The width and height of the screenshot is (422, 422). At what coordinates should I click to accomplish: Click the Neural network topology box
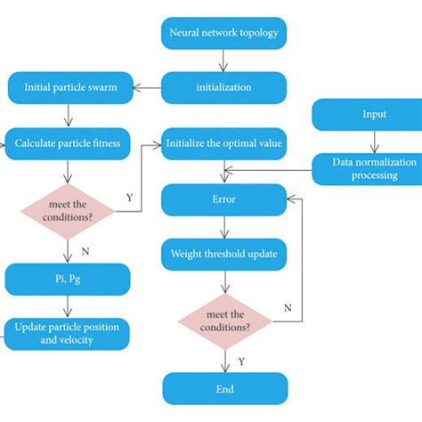click(223, 35)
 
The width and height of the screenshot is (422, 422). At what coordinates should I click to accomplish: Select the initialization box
click(223, 88)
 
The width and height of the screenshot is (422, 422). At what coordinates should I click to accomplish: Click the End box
click(223, 388)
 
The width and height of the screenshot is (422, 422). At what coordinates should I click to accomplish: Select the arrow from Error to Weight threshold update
click(224, 228)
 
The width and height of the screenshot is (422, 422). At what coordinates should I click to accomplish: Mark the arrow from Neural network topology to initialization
click(224, 61)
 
